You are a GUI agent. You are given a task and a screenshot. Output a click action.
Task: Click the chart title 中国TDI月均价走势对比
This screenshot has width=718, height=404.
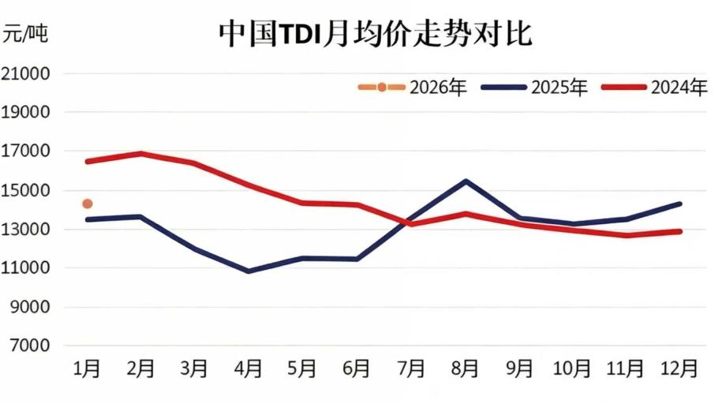[376, 35]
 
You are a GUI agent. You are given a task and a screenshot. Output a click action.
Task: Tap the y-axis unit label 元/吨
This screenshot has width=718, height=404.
[25, 34]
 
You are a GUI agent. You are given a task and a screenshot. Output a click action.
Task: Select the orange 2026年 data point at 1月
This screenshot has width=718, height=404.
[88, 204]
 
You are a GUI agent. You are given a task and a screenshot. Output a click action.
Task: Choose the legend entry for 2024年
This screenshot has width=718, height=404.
[655, 87]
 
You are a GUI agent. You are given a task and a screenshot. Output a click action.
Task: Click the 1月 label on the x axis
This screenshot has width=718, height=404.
[87, 368]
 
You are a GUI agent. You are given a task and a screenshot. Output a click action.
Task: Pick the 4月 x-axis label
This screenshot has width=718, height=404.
[249, 368]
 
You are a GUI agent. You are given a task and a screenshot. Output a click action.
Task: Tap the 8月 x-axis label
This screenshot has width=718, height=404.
[465, 368]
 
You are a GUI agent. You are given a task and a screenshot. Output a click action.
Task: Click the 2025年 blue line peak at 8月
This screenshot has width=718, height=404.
[466, 181]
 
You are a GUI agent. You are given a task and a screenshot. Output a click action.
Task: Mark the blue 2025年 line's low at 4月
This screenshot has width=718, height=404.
[249, 271]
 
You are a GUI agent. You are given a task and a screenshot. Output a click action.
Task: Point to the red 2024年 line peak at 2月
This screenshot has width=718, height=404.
[141, 153]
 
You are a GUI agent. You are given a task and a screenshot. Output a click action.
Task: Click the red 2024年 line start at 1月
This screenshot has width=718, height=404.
[88, 161]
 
